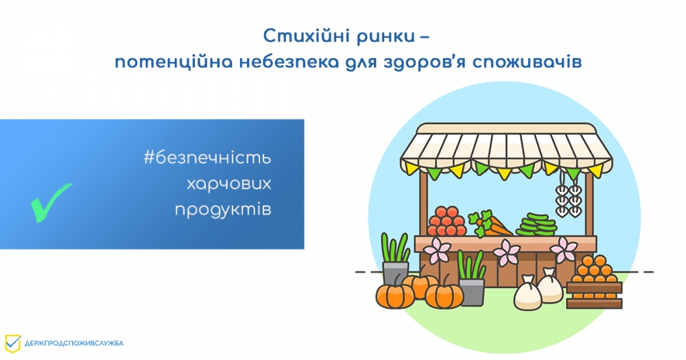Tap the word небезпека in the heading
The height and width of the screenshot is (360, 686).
289,62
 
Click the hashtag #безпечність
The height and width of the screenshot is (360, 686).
207,158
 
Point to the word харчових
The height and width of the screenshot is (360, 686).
229,184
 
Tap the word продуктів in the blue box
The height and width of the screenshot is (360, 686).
223,210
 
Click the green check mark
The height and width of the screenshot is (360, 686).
51,202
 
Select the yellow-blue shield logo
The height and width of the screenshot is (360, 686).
12,344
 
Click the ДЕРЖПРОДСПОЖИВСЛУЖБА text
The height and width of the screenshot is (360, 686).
74,344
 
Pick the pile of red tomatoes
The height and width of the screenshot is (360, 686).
447,221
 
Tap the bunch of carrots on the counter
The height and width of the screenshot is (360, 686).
490,224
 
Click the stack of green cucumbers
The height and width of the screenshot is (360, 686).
536,225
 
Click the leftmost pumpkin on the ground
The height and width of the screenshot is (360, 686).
395,296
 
